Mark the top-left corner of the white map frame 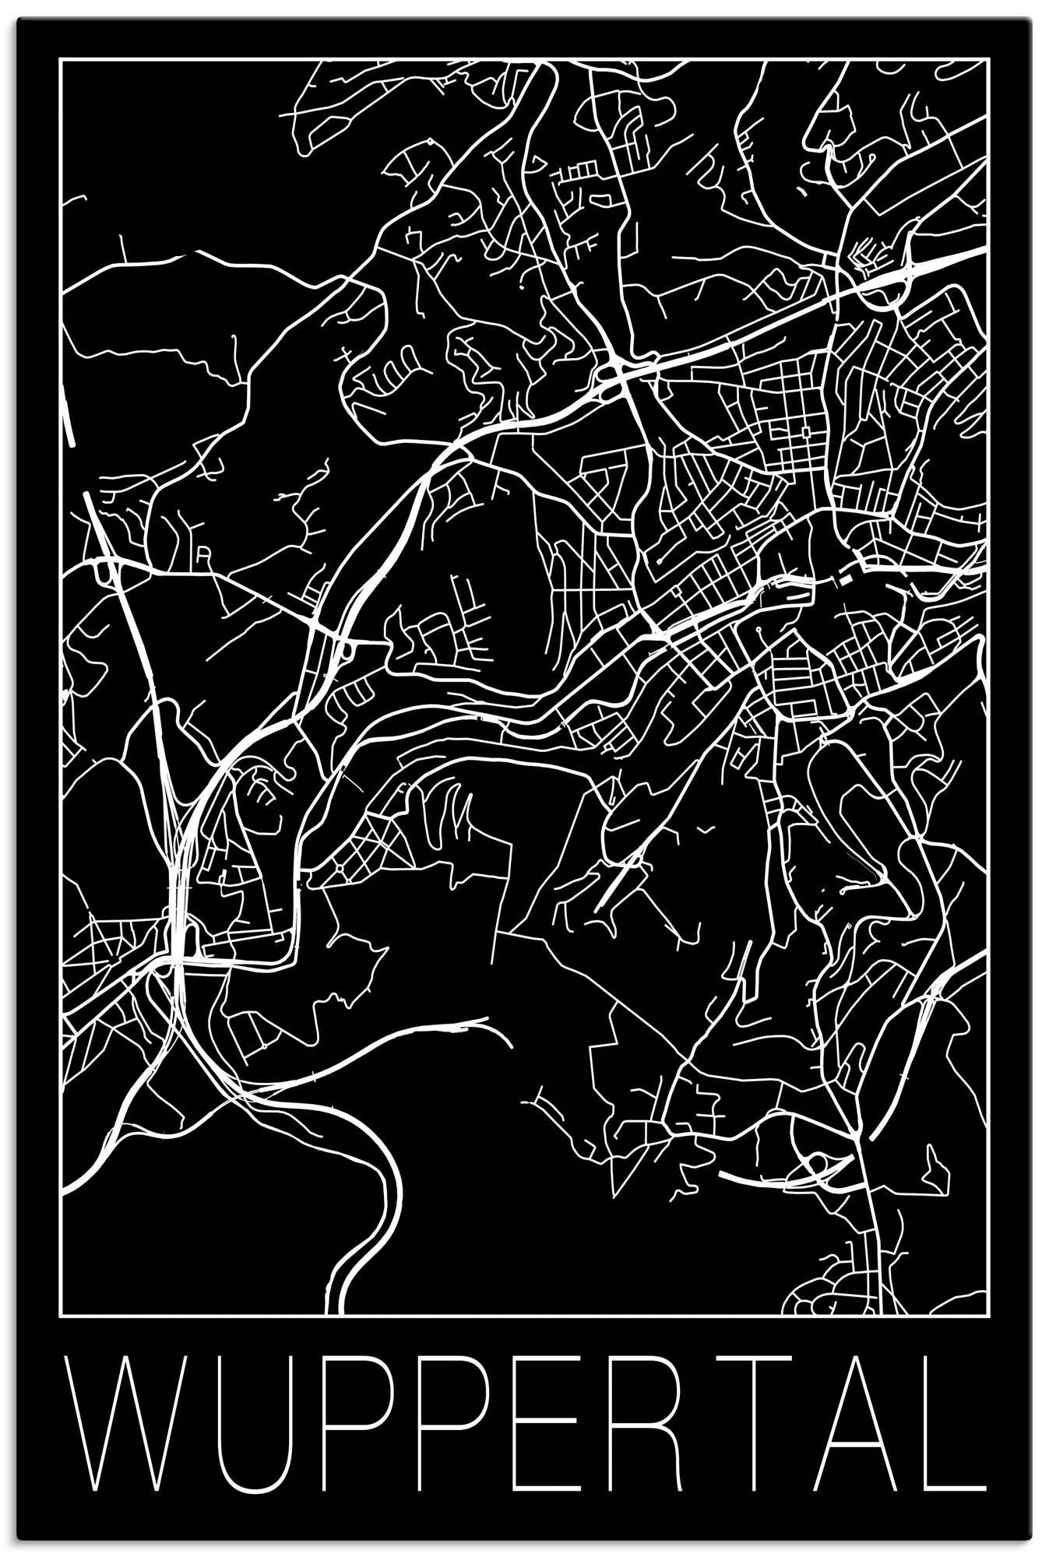(x=60, y=59)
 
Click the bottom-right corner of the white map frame (x=988, y=1315)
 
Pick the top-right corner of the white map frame (x=988, y=59)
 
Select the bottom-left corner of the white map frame (x=60, y=1315)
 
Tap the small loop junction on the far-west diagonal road (x=103, y=571)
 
